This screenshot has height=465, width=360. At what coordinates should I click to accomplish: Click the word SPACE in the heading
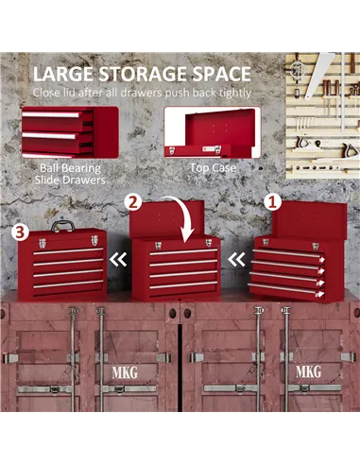click(x=215, y=74)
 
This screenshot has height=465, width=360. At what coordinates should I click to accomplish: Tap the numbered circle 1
click(x=272, y=200)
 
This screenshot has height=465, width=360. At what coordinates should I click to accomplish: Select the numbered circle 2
click(x=133, y=200)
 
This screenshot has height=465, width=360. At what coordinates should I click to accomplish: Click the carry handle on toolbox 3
click(x=62, y=225)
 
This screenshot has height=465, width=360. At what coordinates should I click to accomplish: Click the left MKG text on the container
click(x=123, y=372)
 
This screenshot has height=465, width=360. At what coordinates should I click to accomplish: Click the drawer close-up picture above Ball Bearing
click(x=69, y=131)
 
